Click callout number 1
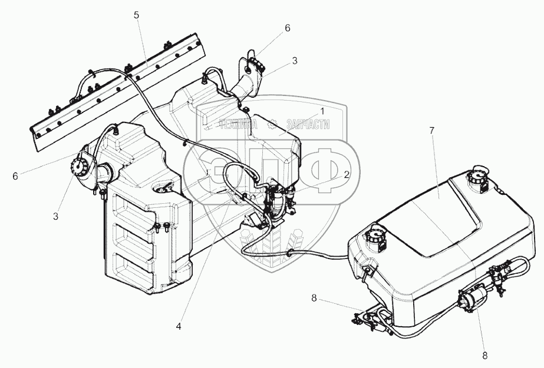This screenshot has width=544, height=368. click(322, 111)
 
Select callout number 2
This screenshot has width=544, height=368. click(347, 174)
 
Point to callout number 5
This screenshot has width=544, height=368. click(136, 15)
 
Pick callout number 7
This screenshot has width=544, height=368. click(432, 130)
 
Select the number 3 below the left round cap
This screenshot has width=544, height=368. click(56, 216)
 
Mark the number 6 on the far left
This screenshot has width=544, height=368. click(15, 175)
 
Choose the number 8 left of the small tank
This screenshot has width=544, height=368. click(314, 299)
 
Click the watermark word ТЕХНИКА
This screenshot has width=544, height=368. click(238, 124)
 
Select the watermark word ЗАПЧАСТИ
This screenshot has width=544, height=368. click(308, 124)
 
